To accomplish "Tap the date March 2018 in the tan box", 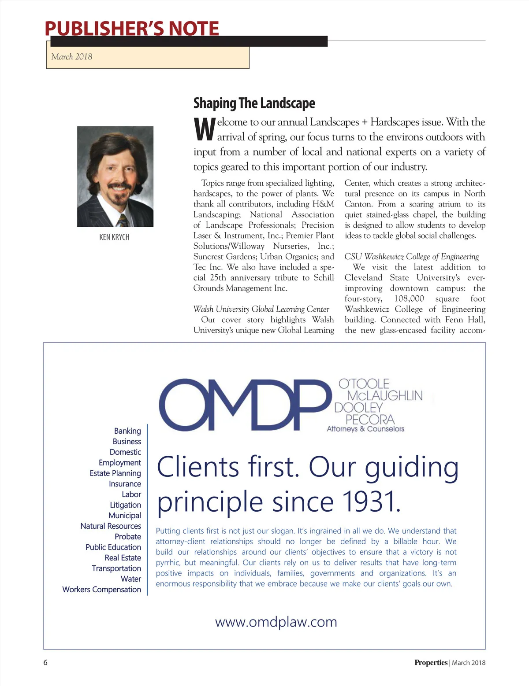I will tap(72, 56).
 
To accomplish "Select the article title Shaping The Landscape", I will tap(254, 103).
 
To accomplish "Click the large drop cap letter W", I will tap(204, 129).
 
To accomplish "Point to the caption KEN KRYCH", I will tap(114, 237).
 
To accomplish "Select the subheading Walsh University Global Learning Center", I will tap(261, 309).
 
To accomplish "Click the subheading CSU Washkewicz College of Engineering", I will tap(411, 257).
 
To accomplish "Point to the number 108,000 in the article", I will tap(409, 299).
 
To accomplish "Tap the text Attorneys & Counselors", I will tap(365, 429).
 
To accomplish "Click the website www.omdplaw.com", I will tap(276, 622).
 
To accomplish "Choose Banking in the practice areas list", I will tap(127, 431).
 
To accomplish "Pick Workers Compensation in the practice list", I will tap(101, 590).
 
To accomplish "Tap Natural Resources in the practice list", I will tap(111, 526).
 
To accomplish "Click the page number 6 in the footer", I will tap(45, 663).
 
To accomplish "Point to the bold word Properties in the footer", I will tap(430, 663).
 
